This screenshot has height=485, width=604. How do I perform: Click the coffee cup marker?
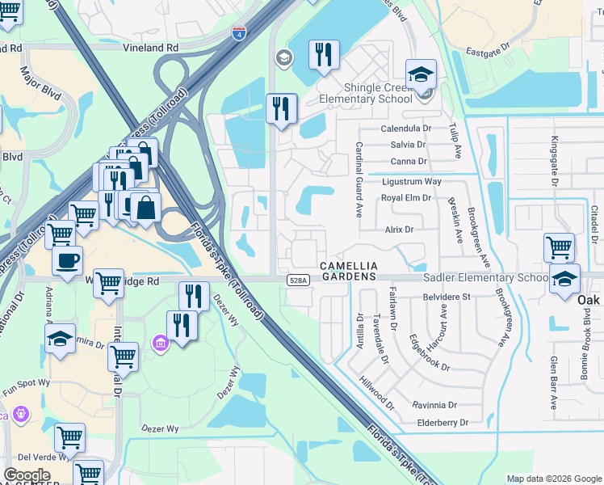67,260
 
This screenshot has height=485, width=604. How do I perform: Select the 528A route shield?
296,280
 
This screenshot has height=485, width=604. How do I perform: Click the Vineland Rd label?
150,48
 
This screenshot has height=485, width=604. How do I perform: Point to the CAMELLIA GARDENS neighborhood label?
348,271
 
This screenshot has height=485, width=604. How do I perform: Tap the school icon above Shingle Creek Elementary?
421,75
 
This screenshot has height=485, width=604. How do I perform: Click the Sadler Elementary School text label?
485,277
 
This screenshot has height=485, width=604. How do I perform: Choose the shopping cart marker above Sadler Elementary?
559,247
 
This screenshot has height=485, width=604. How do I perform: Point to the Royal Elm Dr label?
406,197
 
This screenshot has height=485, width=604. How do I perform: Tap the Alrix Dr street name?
399,230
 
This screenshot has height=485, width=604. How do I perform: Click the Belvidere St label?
447,297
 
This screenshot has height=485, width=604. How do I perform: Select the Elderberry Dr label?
442,422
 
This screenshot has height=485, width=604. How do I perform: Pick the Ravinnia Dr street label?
434,405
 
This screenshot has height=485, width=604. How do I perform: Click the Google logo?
27,475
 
